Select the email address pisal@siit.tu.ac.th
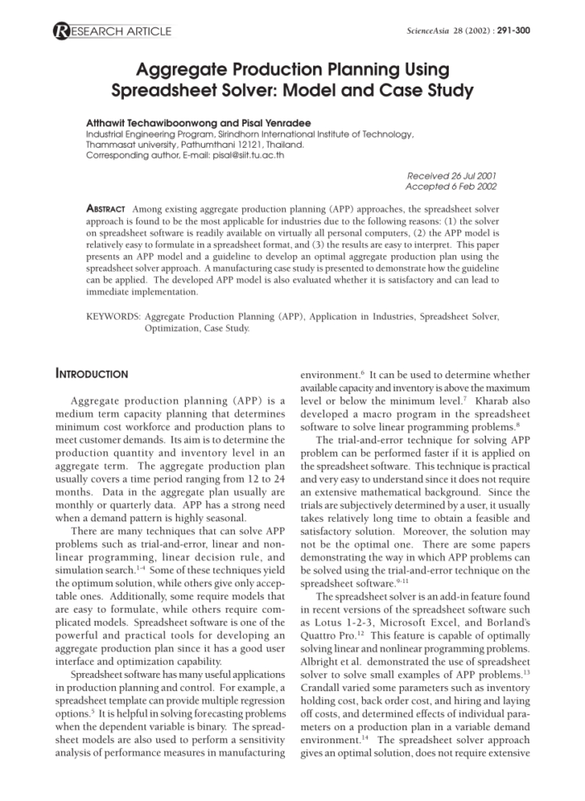[245, 154]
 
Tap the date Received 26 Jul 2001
[452, 176]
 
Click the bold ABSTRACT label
[106, 210]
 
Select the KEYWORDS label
[112, 315]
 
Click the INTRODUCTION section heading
[92, 374]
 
